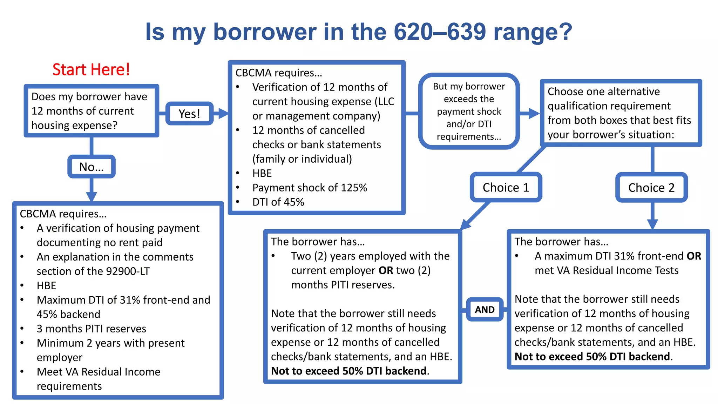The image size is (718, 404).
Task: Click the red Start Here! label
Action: click(x=91, y=69)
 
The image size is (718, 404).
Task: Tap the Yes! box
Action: click(x=189, y=114)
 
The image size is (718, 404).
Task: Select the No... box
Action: click(x=92, y=167)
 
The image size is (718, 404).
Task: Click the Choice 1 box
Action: click(x=506, y=188)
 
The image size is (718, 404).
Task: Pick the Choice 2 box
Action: click(x=651, y=188)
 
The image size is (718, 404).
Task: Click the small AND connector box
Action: click(x=485, y=310)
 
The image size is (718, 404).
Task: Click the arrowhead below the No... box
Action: click(x=92, y=196)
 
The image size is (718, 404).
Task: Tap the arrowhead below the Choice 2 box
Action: click(x=652, y=224)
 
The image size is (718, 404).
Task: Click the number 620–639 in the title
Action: click(x=440, y=32)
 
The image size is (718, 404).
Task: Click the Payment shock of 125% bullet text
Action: click(x=310, y=188)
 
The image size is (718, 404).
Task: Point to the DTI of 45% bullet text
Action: click(x=278, y=202)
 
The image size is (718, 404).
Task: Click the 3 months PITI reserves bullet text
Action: click(x=91, y=329)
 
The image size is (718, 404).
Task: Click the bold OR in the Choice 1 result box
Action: click(x=386, y=270)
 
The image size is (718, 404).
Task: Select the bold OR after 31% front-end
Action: click(x=694, y=256)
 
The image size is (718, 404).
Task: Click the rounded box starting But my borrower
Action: click(x=469, y=111)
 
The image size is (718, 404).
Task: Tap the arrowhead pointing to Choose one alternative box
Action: click(x=534, y=113)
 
